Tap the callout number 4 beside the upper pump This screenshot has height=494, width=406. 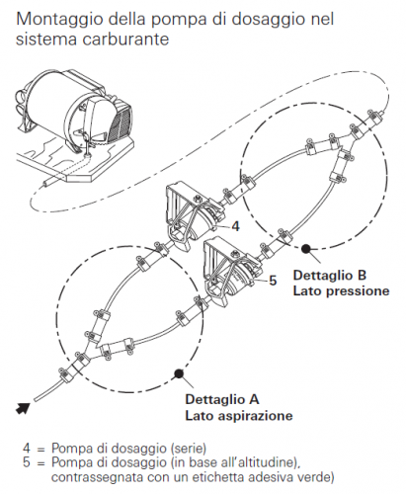point(235,226)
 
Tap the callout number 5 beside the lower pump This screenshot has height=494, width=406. point(273,281)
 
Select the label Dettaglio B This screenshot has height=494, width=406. point(330,276)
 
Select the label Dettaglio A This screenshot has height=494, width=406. point(222,399)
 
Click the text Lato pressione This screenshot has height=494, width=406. point(341,291)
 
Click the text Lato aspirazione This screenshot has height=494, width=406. point(239,416)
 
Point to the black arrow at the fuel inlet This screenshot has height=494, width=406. point(23,408)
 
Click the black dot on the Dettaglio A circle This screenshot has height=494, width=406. point(179,373)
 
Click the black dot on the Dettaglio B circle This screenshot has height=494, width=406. point(306,249)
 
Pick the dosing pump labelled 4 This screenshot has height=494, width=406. point(195,214)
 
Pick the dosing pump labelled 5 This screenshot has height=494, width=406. point(232,269)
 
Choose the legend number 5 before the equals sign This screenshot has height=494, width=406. point(27,462)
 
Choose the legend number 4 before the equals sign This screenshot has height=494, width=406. point(27,449)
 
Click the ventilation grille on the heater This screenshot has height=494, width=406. point(120,123)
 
